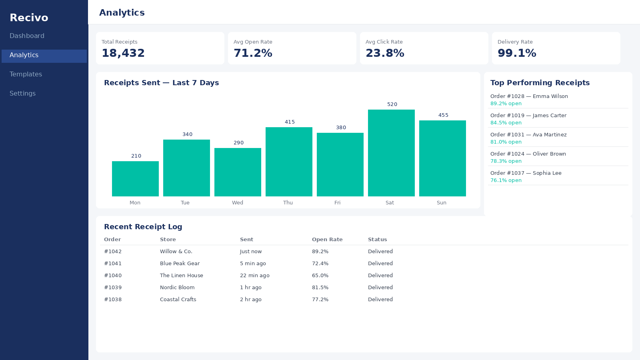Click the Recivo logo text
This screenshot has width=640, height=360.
tap(29, 18)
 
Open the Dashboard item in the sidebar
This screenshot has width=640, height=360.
tap(27, 36)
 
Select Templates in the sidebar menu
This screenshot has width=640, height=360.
tap(26, 74)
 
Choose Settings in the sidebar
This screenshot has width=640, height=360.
tap(22, 94)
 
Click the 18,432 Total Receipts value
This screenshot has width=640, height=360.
tap(123, 53)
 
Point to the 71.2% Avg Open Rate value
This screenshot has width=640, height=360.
tap(253, 53)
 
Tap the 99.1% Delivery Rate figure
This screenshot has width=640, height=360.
tap(517, 53)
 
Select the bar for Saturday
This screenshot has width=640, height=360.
tap(391, 153)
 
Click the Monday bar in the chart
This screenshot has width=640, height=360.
tap(135, 179)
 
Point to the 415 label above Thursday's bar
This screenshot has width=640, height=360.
tap(290, 122)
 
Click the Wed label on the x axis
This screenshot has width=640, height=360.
tap(238, 202)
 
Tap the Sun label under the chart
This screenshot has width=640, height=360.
tap(442, 202)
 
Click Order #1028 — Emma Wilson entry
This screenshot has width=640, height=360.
tap(529, 96)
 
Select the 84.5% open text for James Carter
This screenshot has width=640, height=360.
tap(506, 123)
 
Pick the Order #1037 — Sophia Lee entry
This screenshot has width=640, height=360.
tap(526, 173)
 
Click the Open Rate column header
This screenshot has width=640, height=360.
tap(327, 240)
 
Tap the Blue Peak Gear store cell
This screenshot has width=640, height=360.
tap(180, 264)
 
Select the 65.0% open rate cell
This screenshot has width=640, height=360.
tap(320, 276)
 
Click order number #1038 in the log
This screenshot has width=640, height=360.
tap(113, 300)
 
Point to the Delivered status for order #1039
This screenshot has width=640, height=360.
tap(380, 288)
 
